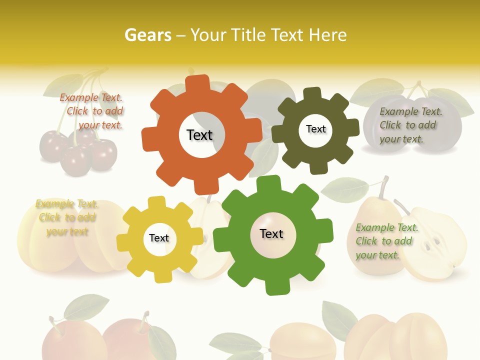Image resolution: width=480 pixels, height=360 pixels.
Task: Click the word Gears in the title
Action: [147, 35]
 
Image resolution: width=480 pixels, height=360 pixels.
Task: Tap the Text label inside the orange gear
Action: [199, 135]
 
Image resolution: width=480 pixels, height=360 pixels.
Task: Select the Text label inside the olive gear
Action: [315, 129]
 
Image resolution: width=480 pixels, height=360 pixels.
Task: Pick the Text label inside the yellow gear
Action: [159, 238]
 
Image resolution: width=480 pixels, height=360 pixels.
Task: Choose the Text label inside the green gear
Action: [271, 233]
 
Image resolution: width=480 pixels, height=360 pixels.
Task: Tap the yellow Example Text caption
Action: [67, 217]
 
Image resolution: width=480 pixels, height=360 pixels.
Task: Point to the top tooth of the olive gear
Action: [312, 94]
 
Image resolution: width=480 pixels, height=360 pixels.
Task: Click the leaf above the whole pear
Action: [344, 189]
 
